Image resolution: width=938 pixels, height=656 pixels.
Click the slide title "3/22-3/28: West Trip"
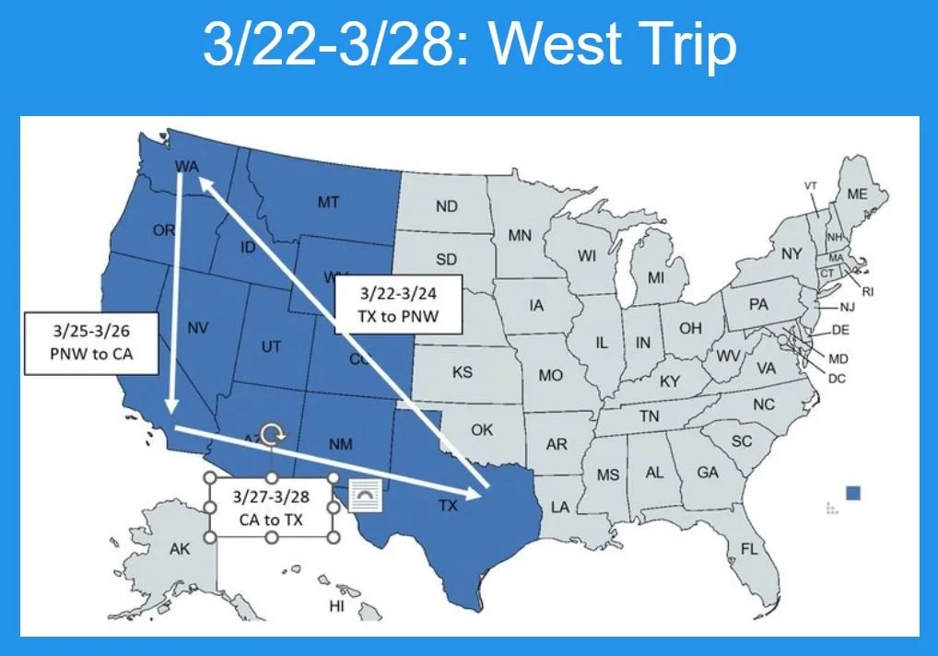pyautogui.click(x=469, y=46)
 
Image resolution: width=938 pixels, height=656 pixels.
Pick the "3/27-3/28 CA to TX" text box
pyautogui.click(x=271, y=508)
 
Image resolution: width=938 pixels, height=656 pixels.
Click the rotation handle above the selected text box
pyautogui.click(x=271, y=435)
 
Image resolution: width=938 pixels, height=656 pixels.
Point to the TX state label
pyautogui.click(x=447, y=505)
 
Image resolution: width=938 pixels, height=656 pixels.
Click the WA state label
pyautogui.click(x=187, y=166)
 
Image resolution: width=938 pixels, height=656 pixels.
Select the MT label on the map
pyautogui.click(x=328, y=202)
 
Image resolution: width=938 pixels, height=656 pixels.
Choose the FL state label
pyautogui.click(x=749, y=550)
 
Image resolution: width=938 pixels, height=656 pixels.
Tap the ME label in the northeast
pyautogui.click(x=857, y=193)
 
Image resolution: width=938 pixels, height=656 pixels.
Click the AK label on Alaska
pyautogui.click(x=180, y=549)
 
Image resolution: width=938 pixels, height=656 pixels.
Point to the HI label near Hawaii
pyautogui.click(x=336, y=606)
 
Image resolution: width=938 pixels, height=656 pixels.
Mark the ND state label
pyautogui.click(x=446, y=205)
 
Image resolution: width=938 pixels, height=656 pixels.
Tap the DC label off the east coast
pyautogui.click(x=838, y=378)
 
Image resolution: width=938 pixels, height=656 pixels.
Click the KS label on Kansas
pyautogui.click(x=463, y=372)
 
